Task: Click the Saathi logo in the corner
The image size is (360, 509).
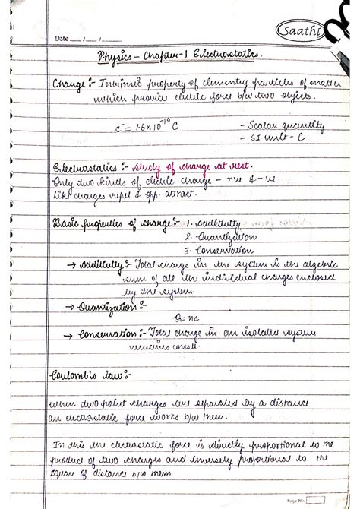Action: [x=292, y=31]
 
